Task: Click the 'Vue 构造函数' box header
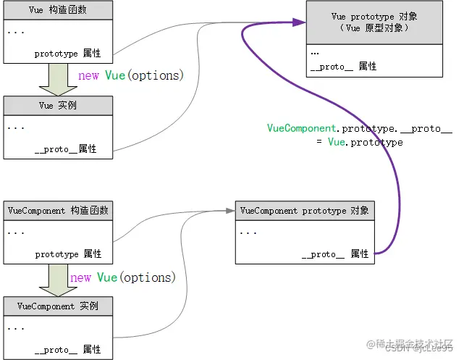pyautogui.click(x=58, y=10)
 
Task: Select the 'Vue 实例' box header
pyautogui.click(x=58, y=105)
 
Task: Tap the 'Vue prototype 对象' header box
pyautogui.click(x=374, y=21)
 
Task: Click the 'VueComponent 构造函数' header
pyautogui.click(x=58, y=211)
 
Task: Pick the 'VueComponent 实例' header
pyautogui.click(x=58, y=306)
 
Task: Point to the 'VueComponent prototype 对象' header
pyautogui.click(x=304, y=211)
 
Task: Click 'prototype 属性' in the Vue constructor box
pyautogui.click(x=68, y=54)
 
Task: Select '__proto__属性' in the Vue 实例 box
pyautogui.click(x=65, y=149)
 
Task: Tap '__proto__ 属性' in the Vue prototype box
pyautogui.click(x=343, y=66)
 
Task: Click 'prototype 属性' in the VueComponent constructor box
pyautogui.click(x=68, y=254)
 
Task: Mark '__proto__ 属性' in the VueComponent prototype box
pyautogui.click(x=335, y=254)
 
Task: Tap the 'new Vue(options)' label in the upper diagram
pyautogui.click(x=130, y=75)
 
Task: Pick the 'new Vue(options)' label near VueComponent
pyautogui.click(x=123, y=277)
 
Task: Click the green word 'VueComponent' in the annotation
pyautogui.click(x=303, y=129)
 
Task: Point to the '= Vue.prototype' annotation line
pyautogui.click(x=359, y=143)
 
